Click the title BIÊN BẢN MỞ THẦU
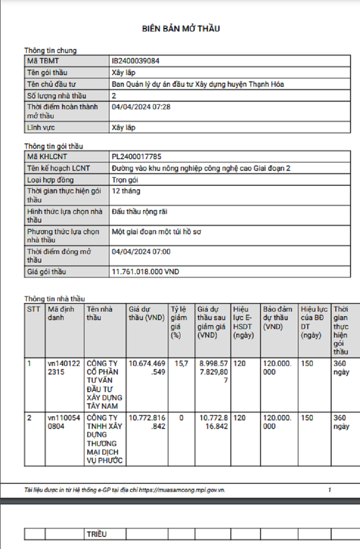pyautogui.click(x=181, y=29)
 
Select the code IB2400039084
pyautogui.click(x=135, y=61)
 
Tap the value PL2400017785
pyautogui.click(x=136, y=156)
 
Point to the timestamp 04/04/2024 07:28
pyautogui.click(x=141, y=107)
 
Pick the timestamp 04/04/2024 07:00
pyautogui.click(x=141, y=252)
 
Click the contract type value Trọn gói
pyautogui.click(x=125, y=180)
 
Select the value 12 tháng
pyautogui.click(x=126, y=191)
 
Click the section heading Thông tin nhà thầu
pyautogui.click(x=54, y=299)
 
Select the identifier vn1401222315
pyautogui.click(x=63, y=367)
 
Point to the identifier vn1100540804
pyautogui.click(x=63, y=422)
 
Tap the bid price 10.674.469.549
pyautogui.click(x=147, y=367)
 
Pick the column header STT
pyautogui.click(x=33, y=309)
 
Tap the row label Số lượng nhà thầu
pyautogui.click(x=57, y=96)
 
